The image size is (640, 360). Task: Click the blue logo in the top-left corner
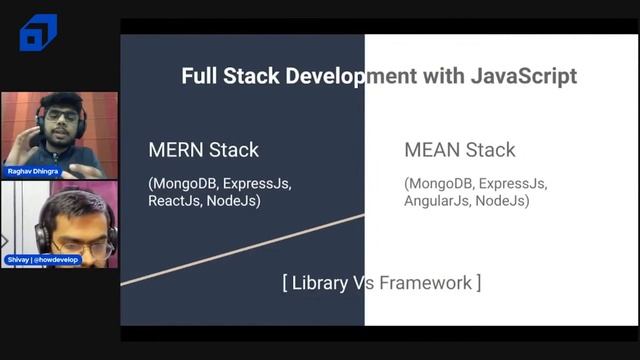pos(38,33)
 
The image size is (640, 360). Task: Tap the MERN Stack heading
pos(203,150)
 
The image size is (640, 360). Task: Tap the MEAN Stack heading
pos(460,150)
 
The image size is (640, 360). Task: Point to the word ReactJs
pos(178,200)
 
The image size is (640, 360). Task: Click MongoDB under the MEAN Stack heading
pos(441,183)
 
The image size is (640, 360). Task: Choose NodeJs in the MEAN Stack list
pos(502,200)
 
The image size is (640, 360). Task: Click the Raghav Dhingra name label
pos(33,172)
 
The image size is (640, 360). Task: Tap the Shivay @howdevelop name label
pos(46,259)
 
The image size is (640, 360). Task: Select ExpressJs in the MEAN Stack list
pos(515,183)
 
